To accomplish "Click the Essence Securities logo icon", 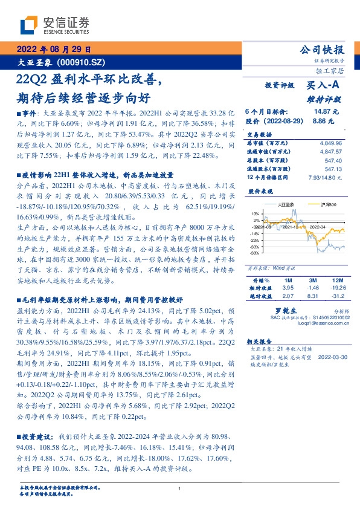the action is click(30, 24).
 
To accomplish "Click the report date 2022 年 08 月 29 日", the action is click(53, 50).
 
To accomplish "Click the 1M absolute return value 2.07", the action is click(288, 296).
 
